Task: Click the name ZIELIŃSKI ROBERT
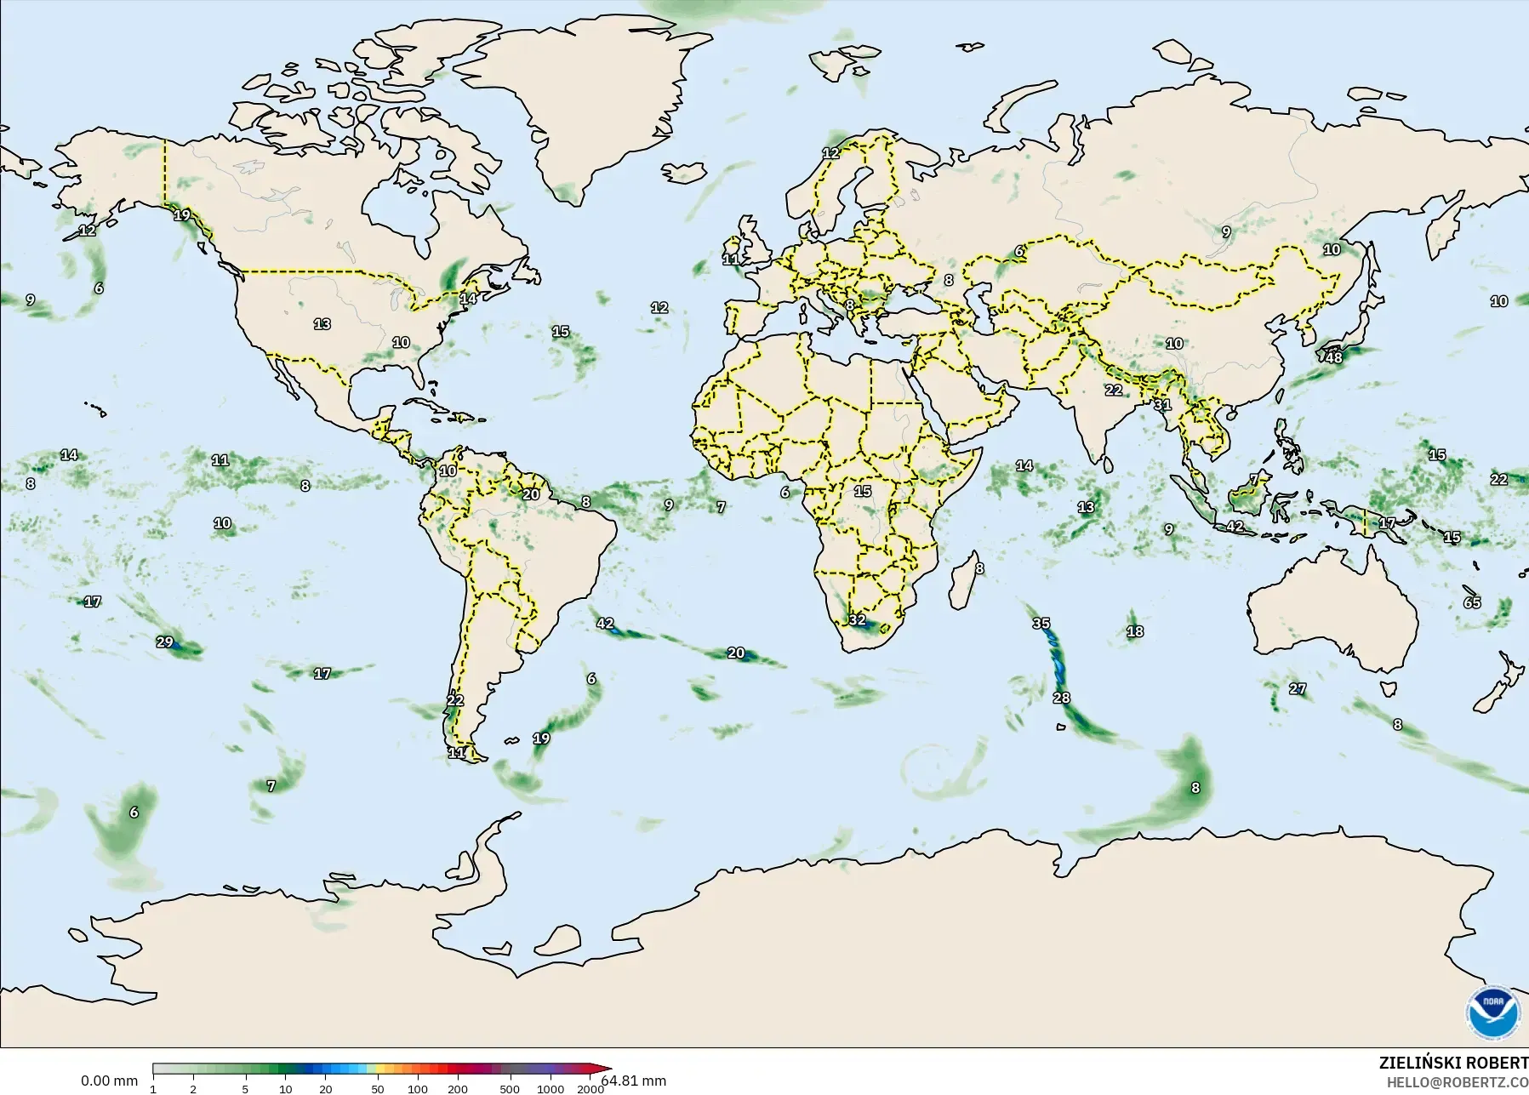[x=1453, y=1064]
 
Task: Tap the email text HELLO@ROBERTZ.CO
[x=1458, y=1082]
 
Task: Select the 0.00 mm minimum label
[x=109, y=1081]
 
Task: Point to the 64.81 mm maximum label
[x=634, y=1081]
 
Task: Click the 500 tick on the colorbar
[x=510, y=1089]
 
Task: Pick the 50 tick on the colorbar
[x=377, y=1089]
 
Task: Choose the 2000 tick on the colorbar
[x=590, y=1089]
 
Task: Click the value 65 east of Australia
[x=1472, y=602]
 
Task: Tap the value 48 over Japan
[x=1334, y=358]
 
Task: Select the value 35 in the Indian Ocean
[x=1041, y=624]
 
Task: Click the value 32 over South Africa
[x=857, y=620]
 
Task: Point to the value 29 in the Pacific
[x=165, y=642]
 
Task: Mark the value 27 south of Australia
[x=1298, y=689]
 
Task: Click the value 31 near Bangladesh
[x=1163, y=405]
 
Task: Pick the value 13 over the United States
[x=322, y=324]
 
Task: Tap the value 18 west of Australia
[x=1135, y=631]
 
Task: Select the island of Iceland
[x=683, y=173]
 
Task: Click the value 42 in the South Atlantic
[x=605, y=624]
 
